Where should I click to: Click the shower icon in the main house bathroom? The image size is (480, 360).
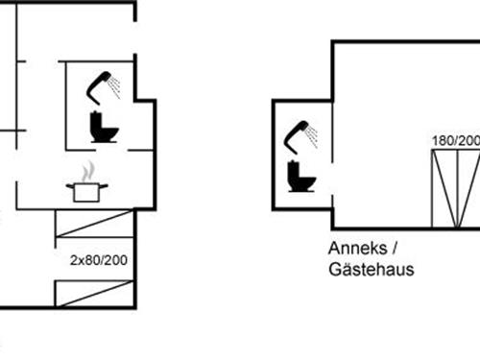coord(99,87)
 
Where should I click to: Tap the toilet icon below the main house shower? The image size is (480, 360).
coord(103,128)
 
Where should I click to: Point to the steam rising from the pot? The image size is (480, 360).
coord(88,171)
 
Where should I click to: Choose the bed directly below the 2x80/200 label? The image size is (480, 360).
coord(94,293)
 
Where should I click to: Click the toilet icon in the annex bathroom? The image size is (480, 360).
coord(300,176)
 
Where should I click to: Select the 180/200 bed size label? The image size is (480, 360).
coord(455,140)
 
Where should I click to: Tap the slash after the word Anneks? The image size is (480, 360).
coord(394,247)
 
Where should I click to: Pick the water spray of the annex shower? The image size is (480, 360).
coord(313,136)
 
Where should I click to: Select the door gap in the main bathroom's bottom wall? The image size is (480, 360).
coord(115,150)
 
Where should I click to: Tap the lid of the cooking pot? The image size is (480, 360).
coord(86,183)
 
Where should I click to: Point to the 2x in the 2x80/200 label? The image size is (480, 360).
coord(76,259)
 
